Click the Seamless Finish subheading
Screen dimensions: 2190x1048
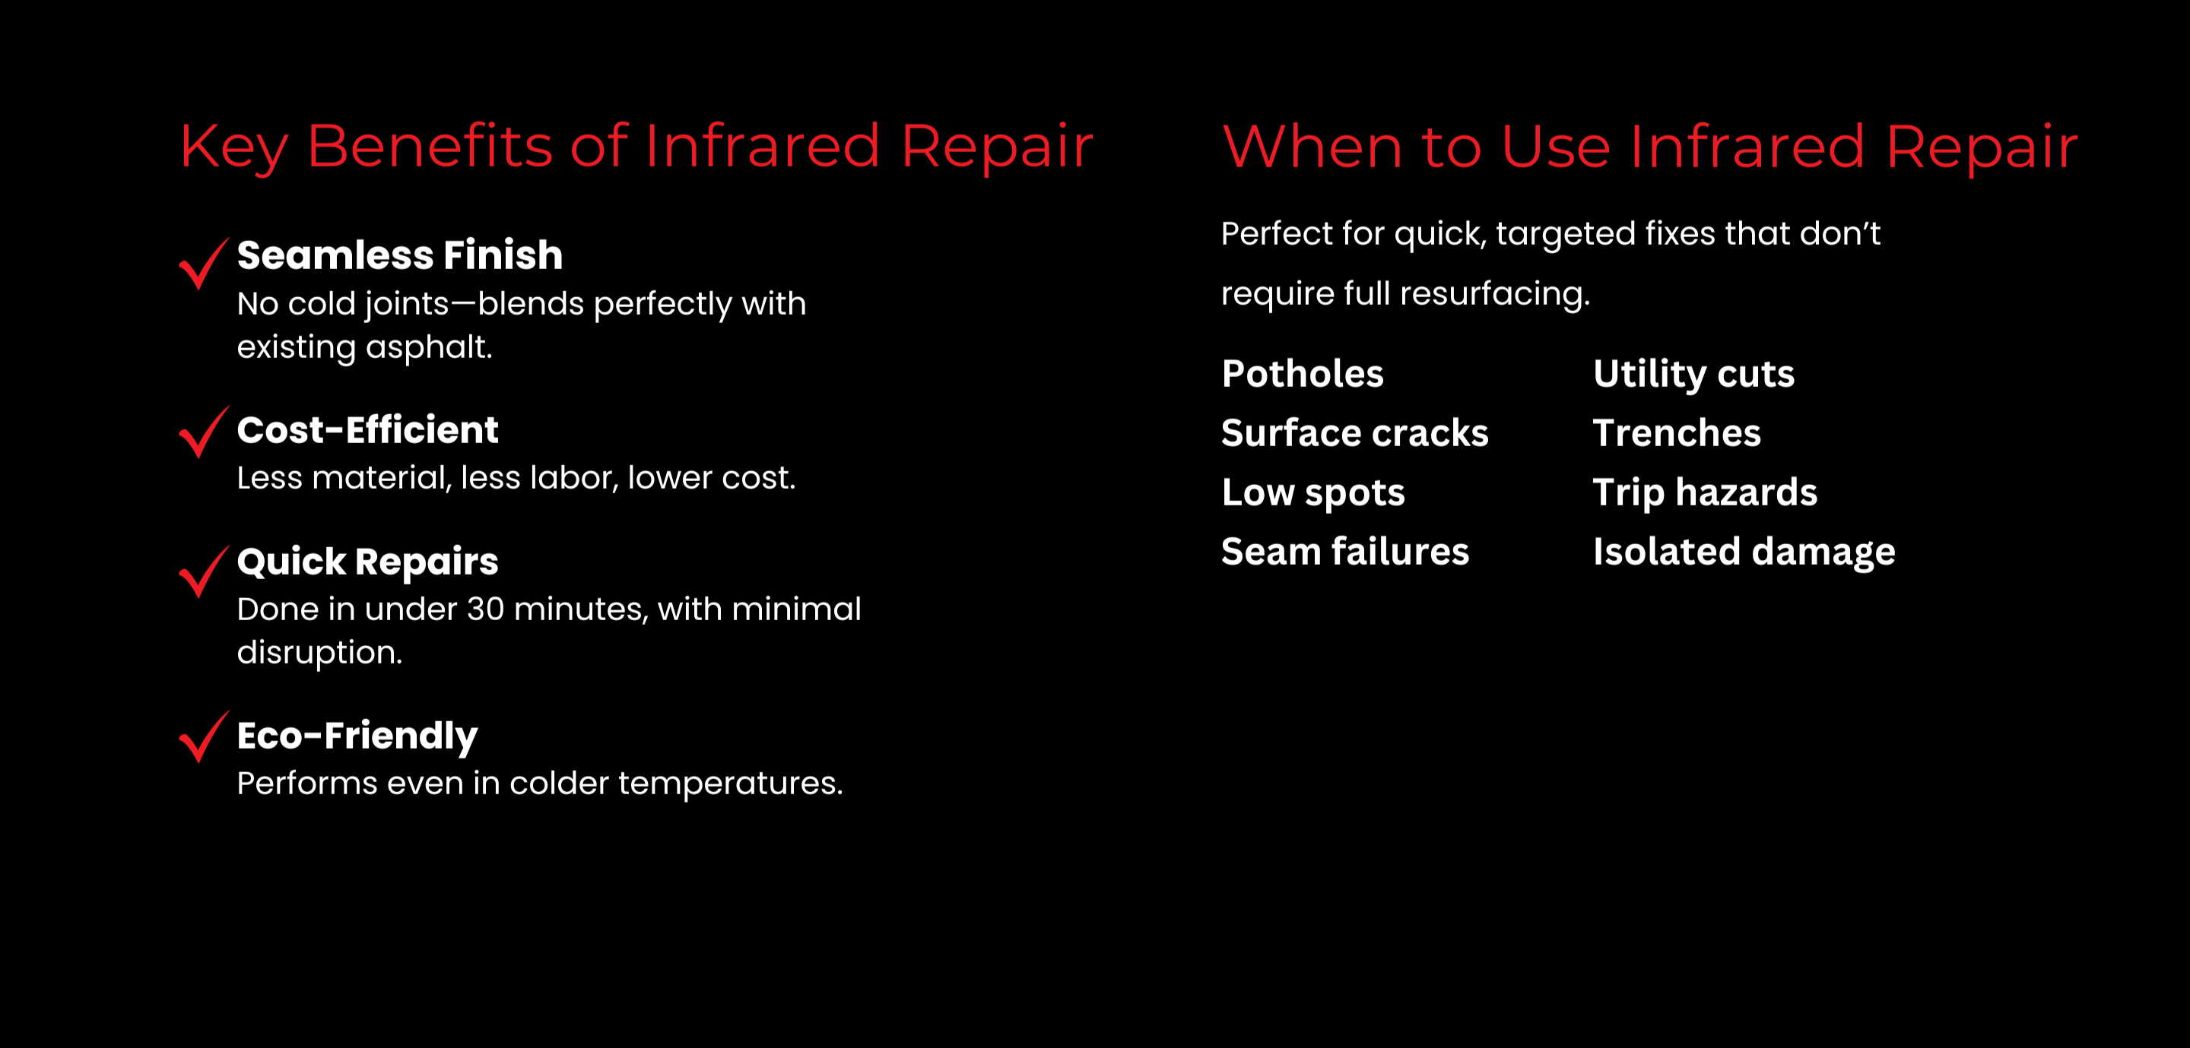(399, 255)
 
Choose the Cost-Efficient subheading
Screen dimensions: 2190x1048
(367, 430)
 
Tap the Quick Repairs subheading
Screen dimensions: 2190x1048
(367, 562)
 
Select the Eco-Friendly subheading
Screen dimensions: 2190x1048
(357, 736)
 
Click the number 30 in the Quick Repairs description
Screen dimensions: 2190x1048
(485, 609)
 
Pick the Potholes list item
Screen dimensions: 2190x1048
(1303, 374)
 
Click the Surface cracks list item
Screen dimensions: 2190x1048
(1355, 433)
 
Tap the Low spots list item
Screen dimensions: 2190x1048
(1313, 494)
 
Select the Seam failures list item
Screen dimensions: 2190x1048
(1345, 552)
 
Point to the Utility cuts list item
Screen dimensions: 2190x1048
(1693, 375)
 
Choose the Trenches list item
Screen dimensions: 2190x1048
(1677, 433)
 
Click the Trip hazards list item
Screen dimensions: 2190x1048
(1705, 494)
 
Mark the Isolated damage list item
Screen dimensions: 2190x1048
(1744, 553)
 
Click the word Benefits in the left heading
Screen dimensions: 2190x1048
(430, 146)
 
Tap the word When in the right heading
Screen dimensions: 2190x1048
(1312, 146)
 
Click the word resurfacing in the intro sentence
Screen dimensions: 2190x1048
(1494, 295)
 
